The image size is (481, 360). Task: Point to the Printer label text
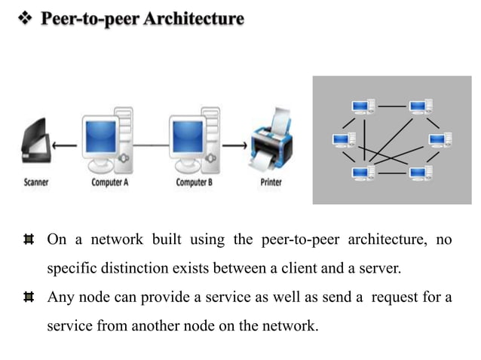271,182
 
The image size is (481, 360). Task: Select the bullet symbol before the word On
29,240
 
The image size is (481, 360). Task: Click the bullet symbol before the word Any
29,297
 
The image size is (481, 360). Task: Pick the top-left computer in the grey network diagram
363,108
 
